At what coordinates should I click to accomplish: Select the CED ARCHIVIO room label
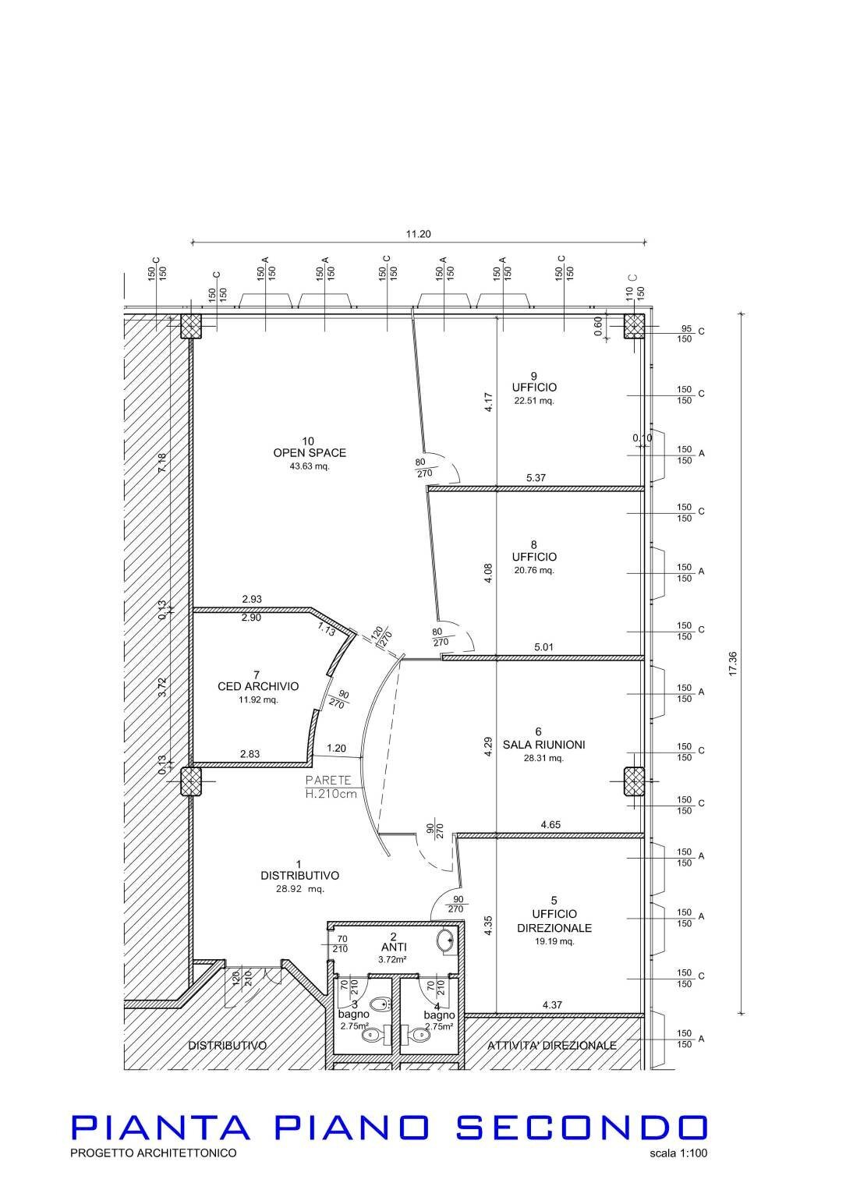pos(258,687)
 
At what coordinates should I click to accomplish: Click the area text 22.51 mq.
pos(534,401)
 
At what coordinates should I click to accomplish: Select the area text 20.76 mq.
pos(534,570)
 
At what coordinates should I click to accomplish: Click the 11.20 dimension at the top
pos(418,233)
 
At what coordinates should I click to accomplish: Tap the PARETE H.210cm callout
pos(331,787)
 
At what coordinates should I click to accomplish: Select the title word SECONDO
pos(581,1128)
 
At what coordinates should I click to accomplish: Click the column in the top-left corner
pos(191,326)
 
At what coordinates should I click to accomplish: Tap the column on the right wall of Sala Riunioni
pos(635,781)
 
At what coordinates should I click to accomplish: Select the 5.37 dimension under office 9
pos(536,478)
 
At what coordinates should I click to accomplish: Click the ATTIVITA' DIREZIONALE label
pos(551,1045)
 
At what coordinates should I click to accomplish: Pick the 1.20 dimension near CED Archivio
pos(336,748)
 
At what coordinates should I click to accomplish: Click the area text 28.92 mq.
pos(299,889)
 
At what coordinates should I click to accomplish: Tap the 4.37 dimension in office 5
pos(552,1005)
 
